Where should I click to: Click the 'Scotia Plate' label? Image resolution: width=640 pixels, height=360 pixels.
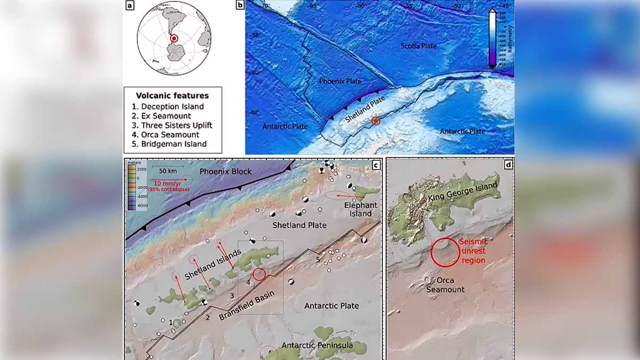[x=418, y=46]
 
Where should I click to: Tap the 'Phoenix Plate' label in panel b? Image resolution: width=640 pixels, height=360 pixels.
[x=340, y=82]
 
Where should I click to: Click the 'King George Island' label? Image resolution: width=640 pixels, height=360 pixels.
[x=462, y=193]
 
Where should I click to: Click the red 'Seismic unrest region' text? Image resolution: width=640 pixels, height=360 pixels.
[x=473, y=251]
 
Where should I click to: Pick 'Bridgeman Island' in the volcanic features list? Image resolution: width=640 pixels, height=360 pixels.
[x=169, y=144]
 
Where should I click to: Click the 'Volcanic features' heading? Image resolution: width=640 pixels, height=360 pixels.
[x=172, y=96]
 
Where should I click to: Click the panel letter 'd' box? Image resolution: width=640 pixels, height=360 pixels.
[x=508, y=164]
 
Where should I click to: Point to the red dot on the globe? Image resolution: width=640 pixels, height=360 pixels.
[x=173, y=38]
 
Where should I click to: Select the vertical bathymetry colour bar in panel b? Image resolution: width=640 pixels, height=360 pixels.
[x=492, y=38]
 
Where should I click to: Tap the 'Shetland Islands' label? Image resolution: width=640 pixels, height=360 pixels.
[x=213, y=264]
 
